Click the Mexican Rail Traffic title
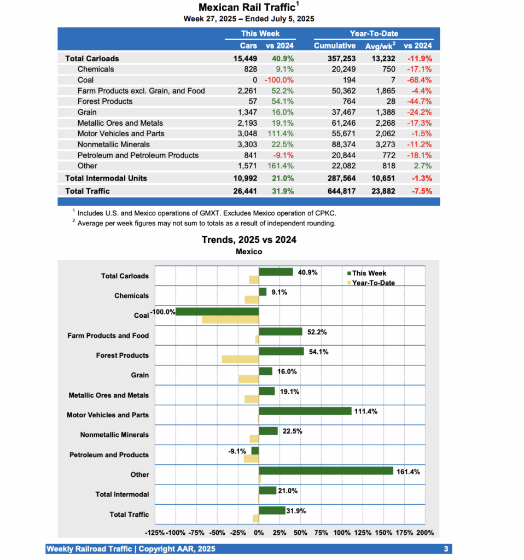point(247,8)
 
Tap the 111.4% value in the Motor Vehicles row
point(280,133)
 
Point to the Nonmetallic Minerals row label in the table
point(113,144)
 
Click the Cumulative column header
point(335,46)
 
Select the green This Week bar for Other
point(326,471)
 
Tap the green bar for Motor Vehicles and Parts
point(305,411)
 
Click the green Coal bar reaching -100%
point(217,312)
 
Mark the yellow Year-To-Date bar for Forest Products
point(240,359)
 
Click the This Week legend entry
point(369,273)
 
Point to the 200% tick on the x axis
point(425,533)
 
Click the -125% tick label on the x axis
point(155,533)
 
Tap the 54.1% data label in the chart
point(318,352)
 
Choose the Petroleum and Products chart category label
point(109,454)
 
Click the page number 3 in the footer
point(446,549)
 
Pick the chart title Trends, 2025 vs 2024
point(249,240)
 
